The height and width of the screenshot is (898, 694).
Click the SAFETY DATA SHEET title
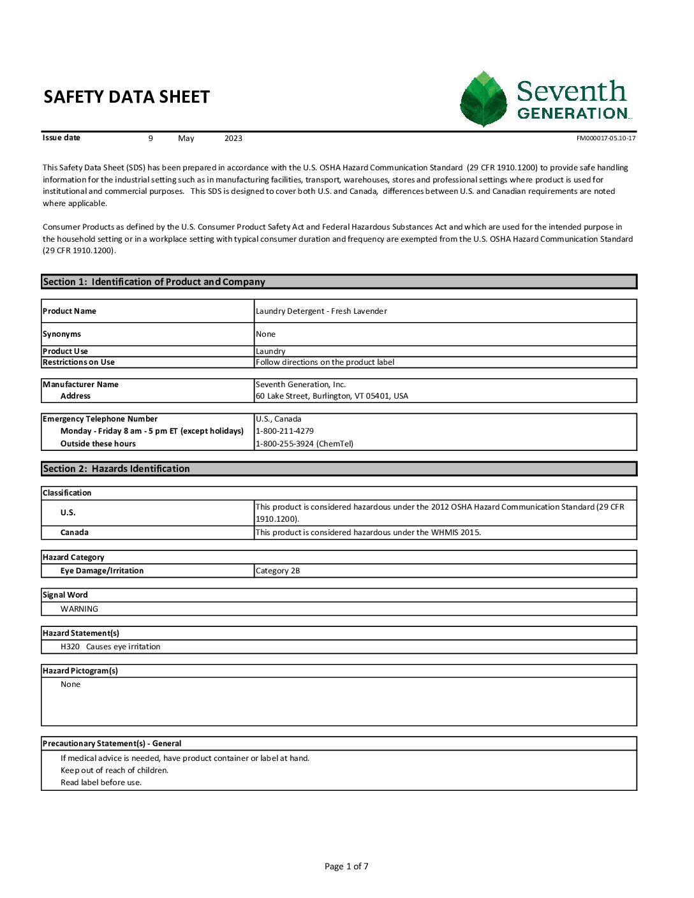click(x=126, y=97)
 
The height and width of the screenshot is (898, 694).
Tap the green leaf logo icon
click(x=484, y=99)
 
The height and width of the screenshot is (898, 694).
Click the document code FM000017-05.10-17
click(x=605, y=138)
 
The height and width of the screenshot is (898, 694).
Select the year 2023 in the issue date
click(x=233, y=138)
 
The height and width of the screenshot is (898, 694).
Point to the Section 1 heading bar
click(x=339, y=282)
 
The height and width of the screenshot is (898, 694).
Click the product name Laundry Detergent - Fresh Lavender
click(x=321, y=311)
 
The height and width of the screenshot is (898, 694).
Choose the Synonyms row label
click(x=62, y=334)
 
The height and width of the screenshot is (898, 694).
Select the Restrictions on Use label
click(x=78, y=362)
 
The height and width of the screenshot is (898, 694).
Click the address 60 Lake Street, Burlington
click(x=332, y=396)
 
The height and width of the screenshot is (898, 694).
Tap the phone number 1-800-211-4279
click(x=284, y=431)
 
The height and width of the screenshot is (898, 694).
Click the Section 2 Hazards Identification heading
click(x=117, y=469)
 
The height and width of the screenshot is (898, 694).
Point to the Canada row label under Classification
click(x=75, y=533)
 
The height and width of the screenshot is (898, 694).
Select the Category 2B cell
click(x=277, y=571)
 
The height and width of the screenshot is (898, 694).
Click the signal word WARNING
click(x=79, y=609)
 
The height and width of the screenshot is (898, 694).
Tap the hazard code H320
click(x=70, y=647)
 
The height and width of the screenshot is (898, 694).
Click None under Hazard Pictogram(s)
click(x=70, y=684)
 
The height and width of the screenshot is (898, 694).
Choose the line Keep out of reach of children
click(x=115, y=770)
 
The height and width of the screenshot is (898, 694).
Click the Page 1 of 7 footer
click(x=346, y=866)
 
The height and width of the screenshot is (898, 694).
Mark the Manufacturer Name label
click(x=80, y=385)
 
